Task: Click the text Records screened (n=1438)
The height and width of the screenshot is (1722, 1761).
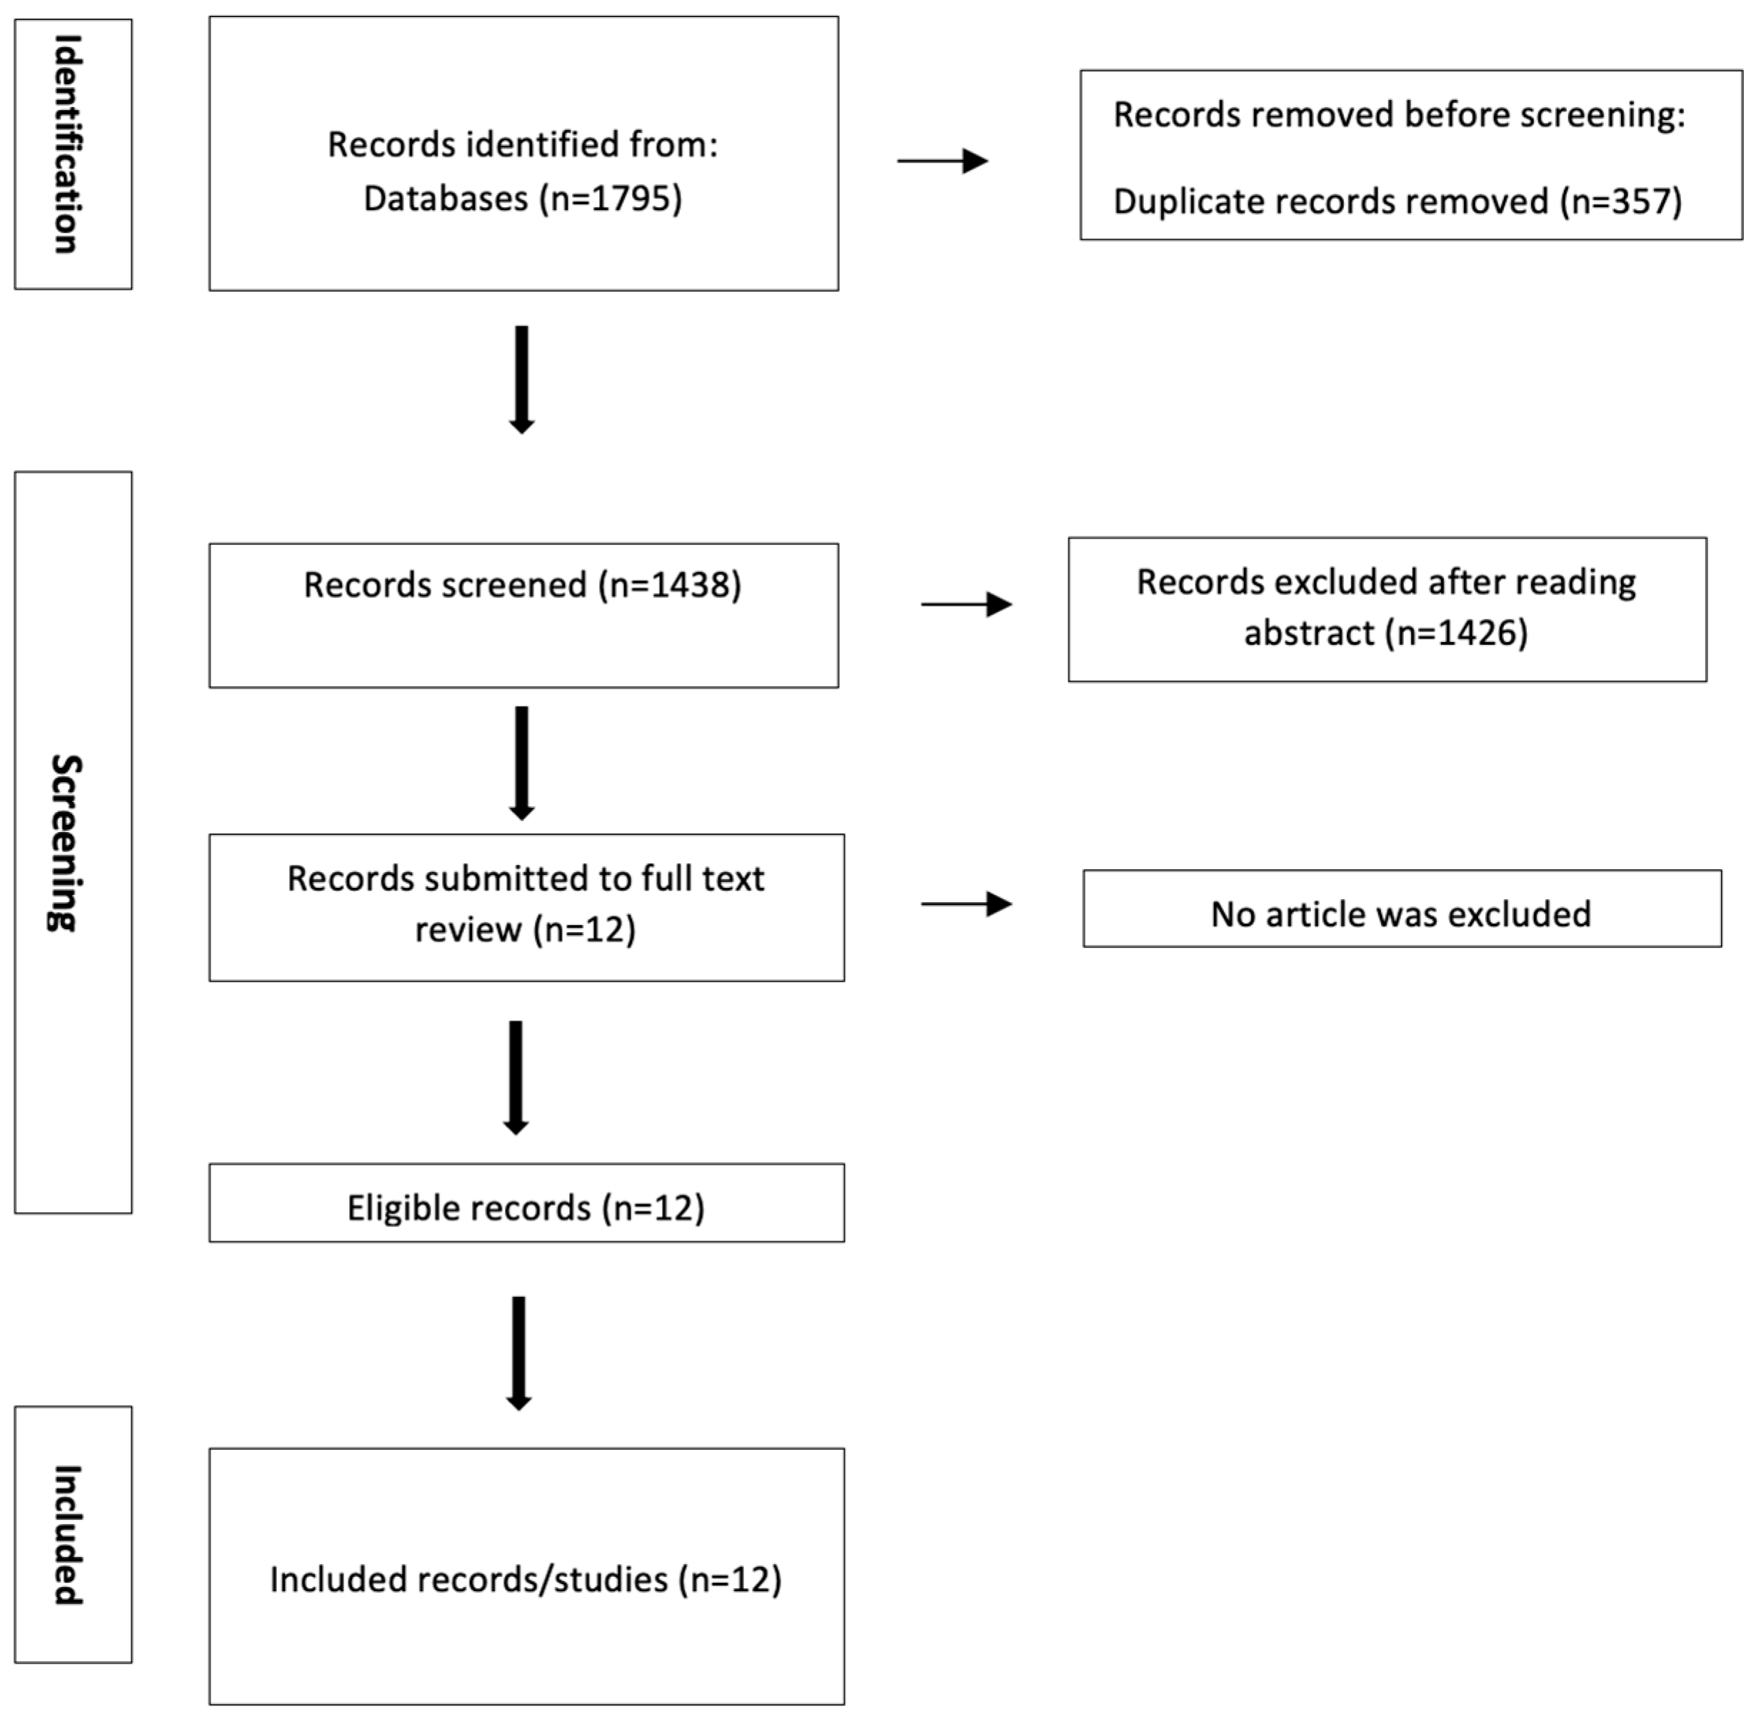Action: coord(522,585)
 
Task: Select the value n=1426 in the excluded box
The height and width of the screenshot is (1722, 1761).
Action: coord(1462,633)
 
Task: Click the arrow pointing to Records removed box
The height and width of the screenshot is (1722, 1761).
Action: coord(943,161)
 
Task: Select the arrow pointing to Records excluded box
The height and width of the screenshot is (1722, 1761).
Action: coord(966,604)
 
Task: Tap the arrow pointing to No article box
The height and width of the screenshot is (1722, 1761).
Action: coord(966,903)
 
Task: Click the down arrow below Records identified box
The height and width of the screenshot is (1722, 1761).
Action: coord(522,380)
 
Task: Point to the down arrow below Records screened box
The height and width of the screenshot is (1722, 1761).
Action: coord(522,762)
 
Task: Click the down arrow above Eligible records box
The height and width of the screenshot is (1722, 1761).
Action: coord(516,1077)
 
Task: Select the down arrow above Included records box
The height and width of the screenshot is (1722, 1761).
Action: coord(518,1353)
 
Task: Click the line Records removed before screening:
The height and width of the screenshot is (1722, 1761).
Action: coord(1398,115)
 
